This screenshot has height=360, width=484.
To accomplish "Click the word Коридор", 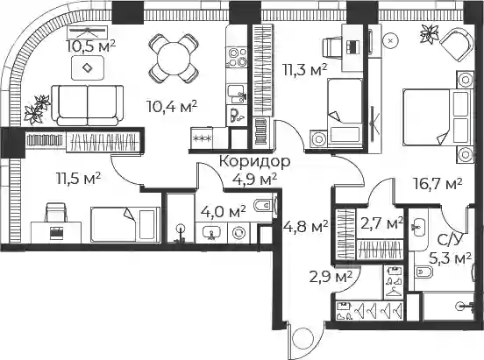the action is point(254,161).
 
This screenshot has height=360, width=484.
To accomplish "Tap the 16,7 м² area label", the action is point(438,184).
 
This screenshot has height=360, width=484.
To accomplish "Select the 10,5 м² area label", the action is point(91,46).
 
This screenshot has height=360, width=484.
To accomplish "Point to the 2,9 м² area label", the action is point(331,277).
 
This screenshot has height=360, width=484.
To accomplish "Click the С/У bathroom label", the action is point(446,241).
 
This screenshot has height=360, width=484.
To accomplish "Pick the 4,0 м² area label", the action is point(224,212).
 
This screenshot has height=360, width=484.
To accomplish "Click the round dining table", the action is point(173,59).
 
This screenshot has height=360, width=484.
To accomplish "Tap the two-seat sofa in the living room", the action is point(88,105).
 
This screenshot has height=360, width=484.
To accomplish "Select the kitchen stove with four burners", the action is point(238,57).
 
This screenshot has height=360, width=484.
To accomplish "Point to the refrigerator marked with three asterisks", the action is point(202,138).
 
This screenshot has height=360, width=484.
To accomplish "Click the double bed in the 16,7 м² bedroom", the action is point(438,116).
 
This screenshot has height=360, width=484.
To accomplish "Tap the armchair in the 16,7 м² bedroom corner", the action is point(457,45).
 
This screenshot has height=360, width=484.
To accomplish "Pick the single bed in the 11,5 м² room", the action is point(125,224).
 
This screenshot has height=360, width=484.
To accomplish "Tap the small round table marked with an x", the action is point(390,40).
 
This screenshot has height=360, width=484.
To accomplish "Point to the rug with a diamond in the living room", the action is point(88,67).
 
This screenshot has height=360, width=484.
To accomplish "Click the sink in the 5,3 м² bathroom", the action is point(419,227).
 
